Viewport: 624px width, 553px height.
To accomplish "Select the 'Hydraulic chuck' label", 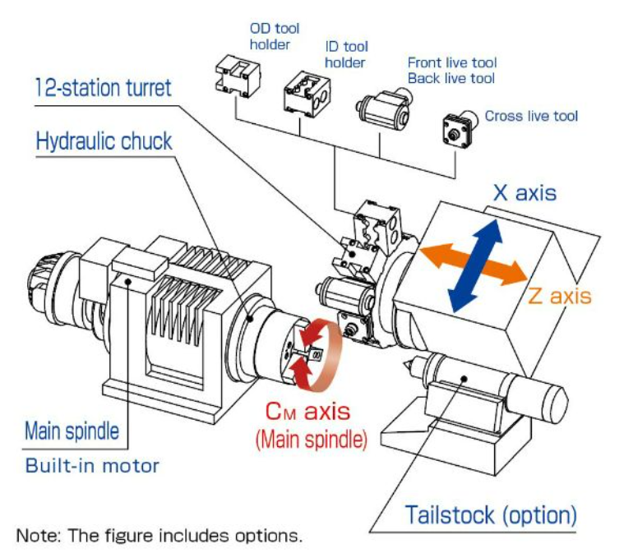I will [x=104, y=141].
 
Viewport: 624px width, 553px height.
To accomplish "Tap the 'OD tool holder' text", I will [x=270, y=36].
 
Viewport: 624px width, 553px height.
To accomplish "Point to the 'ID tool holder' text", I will [x=346, y=55].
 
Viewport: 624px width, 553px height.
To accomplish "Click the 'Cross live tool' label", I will [x=531, y=116].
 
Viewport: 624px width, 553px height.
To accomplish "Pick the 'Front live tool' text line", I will [x=452, y=62].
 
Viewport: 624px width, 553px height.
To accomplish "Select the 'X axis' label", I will [x=524, y=193].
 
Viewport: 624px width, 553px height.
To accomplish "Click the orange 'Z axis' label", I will [x=559, y=295].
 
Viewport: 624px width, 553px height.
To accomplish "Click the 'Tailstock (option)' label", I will [x=491, y=515].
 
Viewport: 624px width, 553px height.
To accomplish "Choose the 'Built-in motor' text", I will [x=92, y=466].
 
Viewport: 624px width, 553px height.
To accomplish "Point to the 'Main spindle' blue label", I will [x=72, y=431].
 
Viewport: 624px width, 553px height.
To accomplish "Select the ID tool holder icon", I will [x=306, y=93].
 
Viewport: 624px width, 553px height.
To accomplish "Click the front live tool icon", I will [x=381, y=106].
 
